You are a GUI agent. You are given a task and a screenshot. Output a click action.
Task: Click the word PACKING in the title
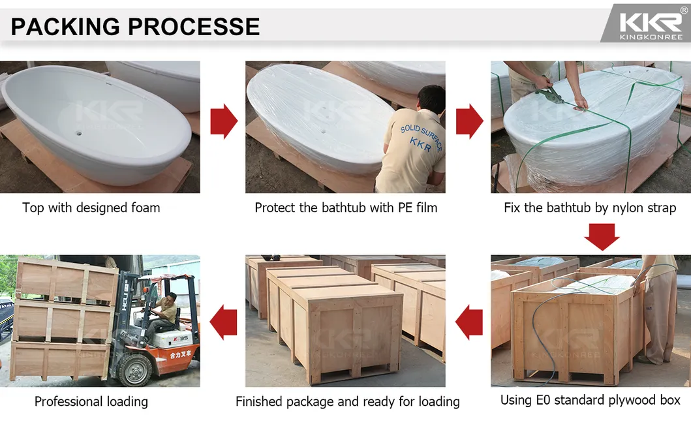click(65, 26)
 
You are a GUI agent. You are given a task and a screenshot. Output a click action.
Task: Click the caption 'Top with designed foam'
click(91, 208)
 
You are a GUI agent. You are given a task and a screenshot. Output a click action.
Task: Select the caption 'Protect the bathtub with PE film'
click(346, 208)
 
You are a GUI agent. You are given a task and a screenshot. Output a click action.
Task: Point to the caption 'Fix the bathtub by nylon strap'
click(590, 208)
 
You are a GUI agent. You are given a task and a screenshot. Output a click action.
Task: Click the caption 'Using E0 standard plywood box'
click(590, 400)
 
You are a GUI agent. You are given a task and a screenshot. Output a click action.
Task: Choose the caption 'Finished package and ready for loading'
click(347, 402)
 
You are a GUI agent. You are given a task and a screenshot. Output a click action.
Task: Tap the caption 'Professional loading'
click(91, 402)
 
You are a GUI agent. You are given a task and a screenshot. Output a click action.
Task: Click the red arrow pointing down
click(601, 236)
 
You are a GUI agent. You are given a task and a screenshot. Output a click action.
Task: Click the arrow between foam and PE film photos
click(224, 121)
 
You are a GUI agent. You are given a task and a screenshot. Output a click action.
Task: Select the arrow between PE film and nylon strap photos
click(469, 121)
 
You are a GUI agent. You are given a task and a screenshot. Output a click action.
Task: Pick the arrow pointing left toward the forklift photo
click(224, 322)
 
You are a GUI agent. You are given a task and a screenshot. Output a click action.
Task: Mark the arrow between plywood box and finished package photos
click(469, 322)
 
